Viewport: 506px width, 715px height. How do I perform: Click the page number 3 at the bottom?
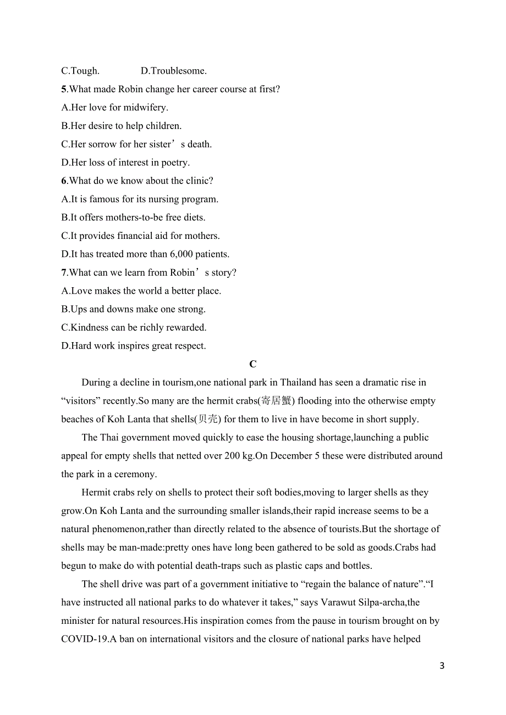coord(442,666)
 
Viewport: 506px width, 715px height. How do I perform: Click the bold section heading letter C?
coord(253,364)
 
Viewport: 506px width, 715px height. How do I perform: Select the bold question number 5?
coord(64,89)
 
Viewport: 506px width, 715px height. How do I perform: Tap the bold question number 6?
coord(64,181)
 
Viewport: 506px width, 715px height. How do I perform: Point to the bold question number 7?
coord(64,272)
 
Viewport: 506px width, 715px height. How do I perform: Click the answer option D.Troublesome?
coord(174,71)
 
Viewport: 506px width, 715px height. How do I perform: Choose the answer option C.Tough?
coord(80,71)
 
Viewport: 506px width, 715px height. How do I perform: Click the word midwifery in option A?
coord(145,108)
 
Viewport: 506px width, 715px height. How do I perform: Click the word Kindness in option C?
coord(90,327)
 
